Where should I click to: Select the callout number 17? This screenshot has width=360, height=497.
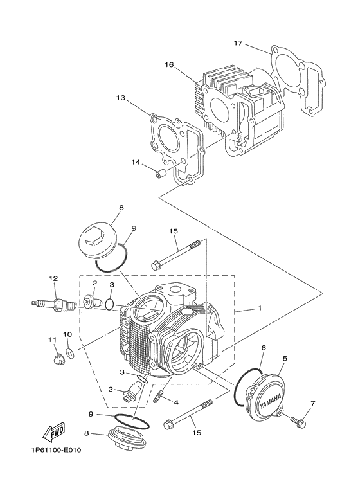tap(238, 44)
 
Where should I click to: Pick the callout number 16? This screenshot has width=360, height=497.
tap(169, 65)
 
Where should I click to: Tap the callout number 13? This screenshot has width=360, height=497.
tap(120, 98)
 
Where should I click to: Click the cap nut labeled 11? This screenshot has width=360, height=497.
tap(57, 356)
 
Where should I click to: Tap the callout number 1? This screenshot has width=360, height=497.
tap(260, 309)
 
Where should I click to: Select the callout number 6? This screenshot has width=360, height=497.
tap(263, 348)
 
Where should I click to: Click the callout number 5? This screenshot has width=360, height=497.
tap(284, 358)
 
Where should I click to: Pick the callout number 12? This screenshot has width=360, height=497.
tap(54, 278)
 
